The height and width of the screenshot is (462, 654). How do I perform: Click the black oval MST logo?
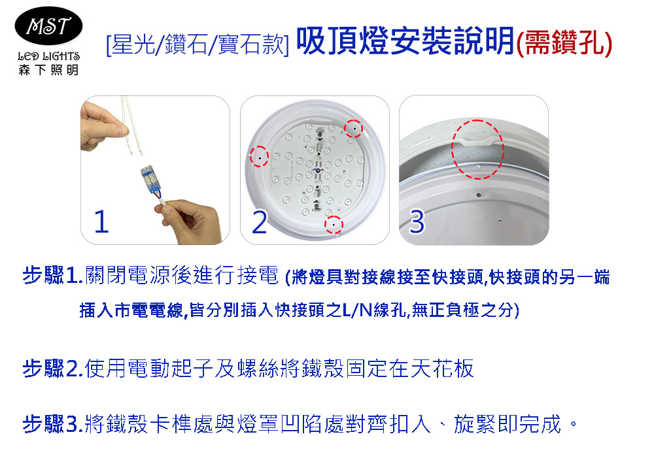48,25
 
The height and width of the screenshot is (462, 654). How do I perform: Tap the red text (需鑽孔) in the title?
564,43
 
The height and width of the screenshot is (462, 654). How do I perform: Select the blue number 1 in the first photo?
101,222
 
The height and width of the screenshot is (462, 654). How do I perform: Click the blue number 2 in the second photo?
260,222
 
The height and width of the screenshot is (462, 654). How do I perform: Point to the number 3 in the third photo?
417,222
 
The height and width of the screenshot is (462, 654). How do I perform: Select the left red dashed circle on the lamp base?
259,157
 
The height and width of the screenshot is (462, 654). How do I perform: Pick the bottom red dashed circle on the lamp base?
334,225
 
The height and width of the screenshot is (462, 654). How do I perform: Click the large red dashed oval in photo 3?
477,150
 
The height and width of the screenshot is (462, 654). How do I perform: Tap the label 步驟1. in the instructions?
53,275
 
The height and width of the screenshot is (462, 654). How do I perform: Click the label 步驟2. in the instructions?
53,369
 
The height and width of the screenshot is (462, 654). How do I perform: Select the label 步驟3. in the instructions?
53,424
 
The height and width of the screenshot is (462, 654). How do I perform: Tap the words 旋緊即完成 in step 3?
508,424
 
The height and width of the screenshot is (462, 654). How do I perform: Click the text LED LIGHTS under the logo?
49,56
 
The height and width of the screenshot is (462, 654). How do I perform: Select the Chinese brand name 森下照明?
48,69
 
